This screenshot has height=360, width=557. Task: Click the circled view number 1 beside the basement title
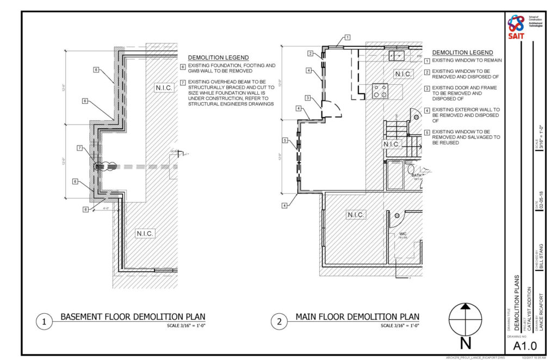pyautogui.click(x=44, y=321)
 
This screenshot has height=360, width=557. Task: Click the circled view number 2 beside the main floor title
pyautogui.click(x=279, y=321)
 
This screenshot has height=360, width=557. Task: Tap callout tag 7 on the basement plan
pyautogui.click(x=79, y=148)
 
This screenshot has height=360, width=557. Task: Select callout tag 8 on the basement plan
pyautogui.click(x=75, y=182)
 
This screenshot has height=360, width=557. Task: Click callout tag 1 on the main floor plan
pyautogui.click(x=347, y=37)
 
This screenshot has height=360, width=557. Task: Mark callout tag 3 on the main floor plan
pyautogui.click(x=307, y=98)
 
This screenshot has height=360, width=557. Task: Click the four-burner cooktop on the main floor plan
pyautogui.click(x=380, y=91)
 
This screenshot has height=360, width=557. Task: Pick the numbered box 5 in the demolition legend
pyautogui.click(x=428, y=132)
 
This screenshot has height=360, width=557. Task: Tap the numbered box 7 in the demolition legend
pyautogui.click(x=183, y=82)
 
